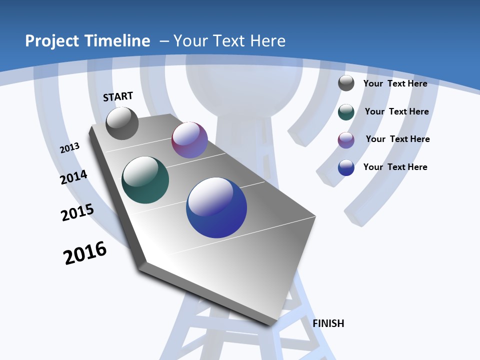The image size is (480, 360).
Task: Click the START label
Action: pos(118,96)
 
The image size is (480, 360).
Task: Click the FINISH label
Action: pos(328,323)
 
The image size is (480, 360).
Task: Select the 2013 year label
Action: pos(70,148)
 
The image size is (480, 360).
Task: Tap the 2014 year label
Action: pos(73,177)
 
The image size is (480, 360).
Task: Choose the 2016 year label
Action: pos(85,253)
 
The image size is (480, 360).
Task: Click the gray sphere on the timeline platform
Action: pos(122,123)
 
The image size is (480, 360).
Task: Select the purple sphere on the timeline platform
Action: pos(189,140)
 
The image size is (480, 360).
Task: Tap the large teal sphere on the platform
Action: pos(145,180)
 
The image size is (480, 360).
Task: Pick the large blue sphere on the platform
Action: pos(216,207)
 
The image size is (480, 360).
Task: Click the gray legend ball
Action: pos(346,83)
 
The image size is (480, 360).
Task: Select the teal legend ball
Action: pos(346,112)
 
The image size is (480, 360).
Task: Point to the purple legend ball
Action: pos(346,140)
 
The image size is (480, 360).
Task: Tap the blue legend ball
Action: pos(346,167)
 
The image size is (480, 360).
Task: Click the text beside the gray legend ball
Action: pos(395,83)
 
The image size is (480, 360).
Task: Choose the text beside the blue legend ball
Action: pos(395,167)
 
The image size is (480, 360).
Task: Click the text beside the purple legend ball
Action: pos(397,139)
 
